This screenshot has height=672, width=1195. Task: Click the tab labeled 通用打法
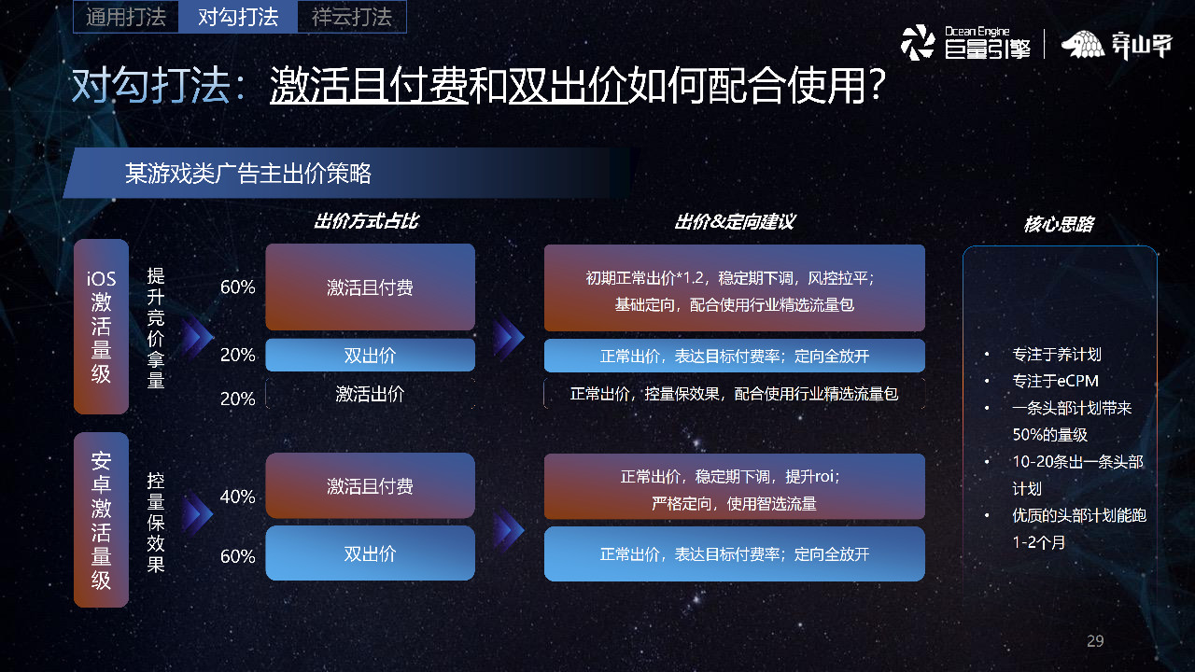[125, 17]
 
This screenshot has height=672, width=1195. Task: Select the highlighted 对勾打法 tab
[239, 17]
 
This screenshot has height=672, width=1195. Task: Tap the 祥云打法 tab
[352, 17]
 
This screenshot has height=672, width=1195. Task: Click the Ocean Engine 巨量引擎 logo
[965, 43]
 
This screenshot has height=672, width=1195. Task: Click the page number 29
[1095, 641]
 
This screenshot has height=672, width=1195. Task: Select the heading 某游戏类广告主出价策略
[248, 174]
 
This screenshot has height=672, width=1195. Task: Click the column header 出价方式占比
[366, 222]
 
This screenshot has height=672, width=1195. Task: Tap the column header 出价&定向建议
[734, 222]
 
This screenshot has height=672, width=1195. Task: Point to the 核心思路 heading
[1058, 225]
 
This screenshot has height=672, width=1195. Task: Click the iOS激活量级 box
[101, 327]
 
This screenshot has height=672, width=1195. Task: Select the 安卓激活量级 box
[101, 521]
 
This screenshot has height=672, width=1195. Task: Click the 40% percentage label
[237, 497]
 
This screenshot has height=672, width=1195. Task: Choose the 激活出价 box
[370, 394]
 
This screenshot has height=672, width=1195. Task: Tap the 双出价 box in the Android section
[370, 553]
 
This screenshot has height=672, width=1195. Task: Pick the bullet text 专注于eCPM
[1055, 381]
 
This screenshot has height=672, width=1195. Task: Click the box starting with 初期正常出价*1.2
[734, 288]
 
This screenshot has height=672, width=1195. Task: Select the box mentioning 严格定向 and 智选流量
[734, 487]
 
